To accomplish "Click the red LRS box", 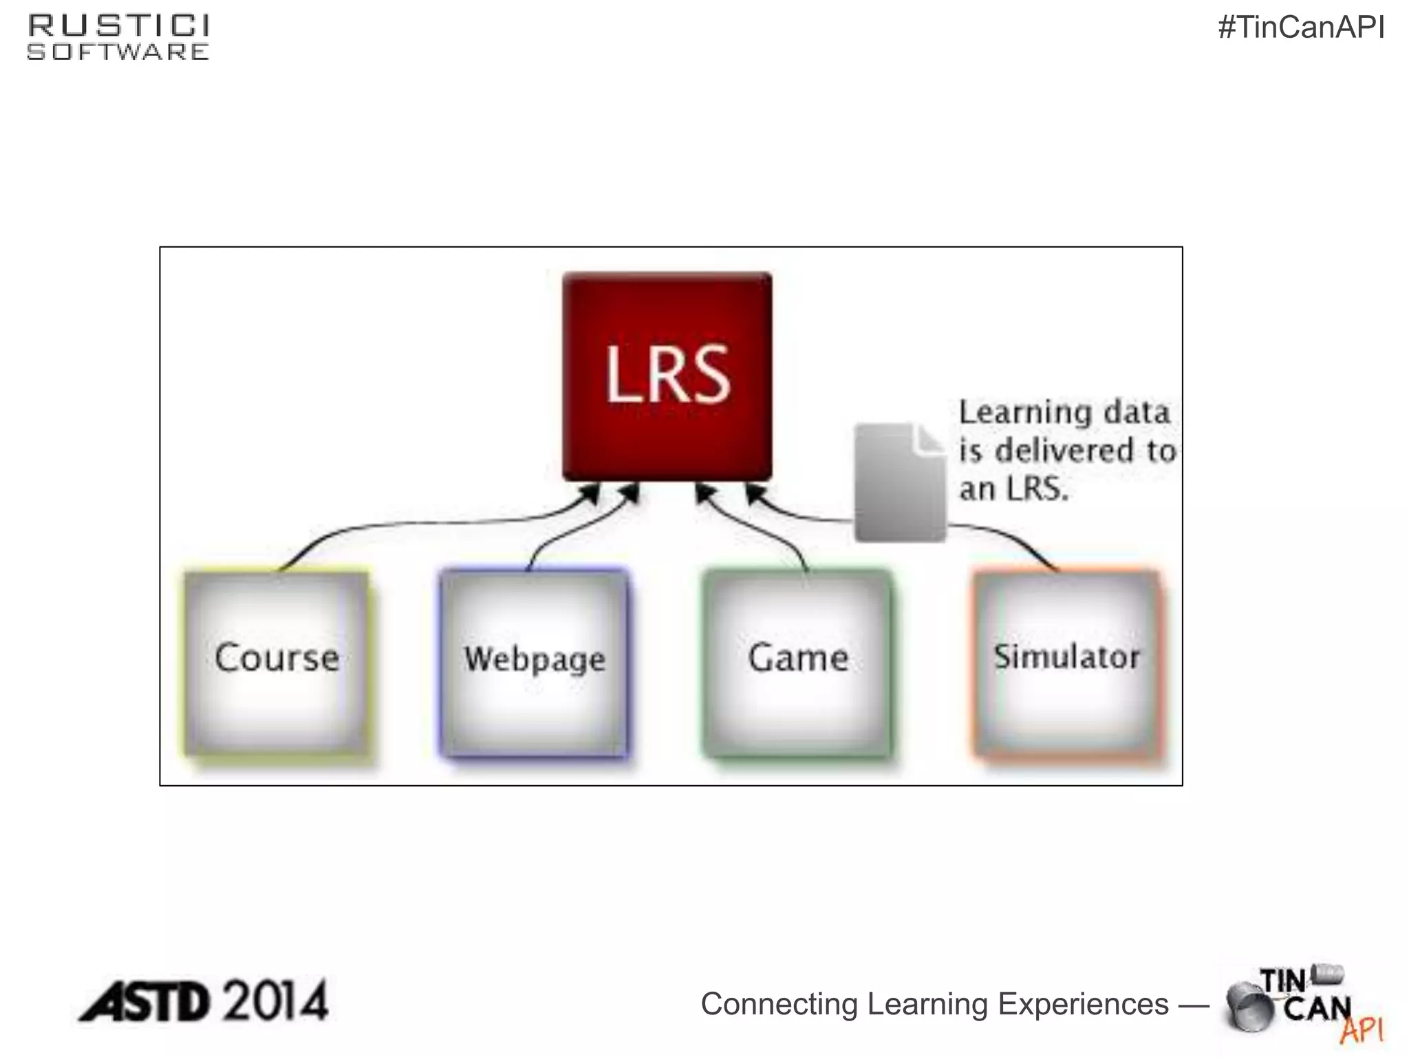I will (667, 376).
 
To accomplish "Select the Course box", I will (277, 663).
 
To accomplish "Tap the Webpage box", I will (535, 663).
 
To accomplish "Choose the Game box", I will (798, 663).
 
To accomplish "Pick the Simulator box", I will (1067, 663).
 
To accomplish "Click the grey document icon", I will (900, 482).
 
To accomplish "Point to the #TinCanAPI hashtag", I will (1301, 28).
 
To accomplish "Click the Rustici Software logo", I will (118, 38).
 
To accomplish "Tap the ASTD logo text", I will (144, 1001).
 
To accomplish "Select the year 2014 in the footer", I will (276, 1001).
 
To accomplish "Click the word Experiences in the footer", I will (1083, 1004).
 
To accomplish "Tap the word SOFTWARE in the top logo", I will (118, 52).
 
